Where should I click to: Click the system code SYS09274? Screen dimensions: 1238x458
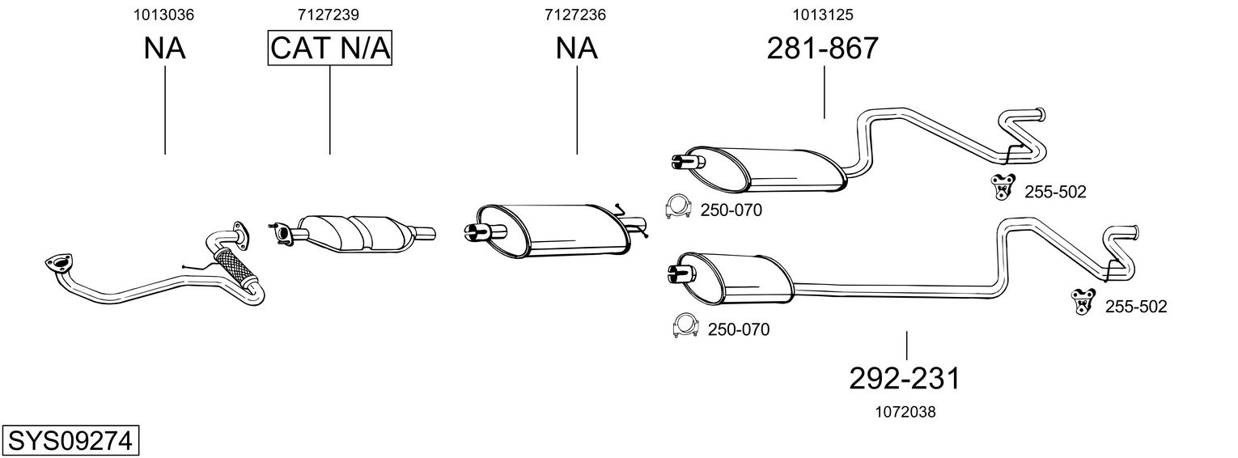click(x=71, y=442)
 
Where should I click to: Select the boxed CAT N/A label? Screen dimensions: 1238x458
click(x=330, y=49)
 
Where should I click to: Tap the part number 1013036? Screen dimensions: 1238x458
click(x=164, y=15)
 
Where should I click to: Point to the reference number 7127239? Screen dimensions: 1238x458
click(x=329, y=15)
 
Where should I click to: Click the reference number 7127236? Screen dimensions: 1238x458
click(x=575, y=15)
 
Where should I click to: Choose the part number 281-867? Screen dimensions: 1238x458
click(x=822, y=49)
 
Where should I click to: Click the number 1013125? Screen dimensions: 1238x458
click(x=824, y=15)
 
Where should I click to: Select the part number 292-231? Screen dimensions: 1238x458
click(x=905, y=378)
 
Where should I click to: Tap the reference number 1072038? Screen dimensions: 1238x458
click(x=905, y=412)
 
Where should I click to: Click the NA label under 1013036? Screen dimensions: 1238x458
click(x=164, y=49)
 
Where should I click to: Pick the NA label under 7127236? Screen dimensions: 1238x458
click(x=576, y=49)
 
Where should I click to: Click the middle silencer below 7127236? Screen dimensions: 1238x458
click(x=558, y=230)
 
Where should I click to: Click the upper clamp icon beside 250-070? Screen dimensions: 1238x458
click(x=676, y=207)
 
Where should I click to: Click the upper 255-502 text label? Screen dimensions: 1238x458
click(x=1055, y=192)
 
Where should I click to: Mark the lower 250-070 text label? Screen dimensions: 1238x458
click(x=738, y=329)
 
